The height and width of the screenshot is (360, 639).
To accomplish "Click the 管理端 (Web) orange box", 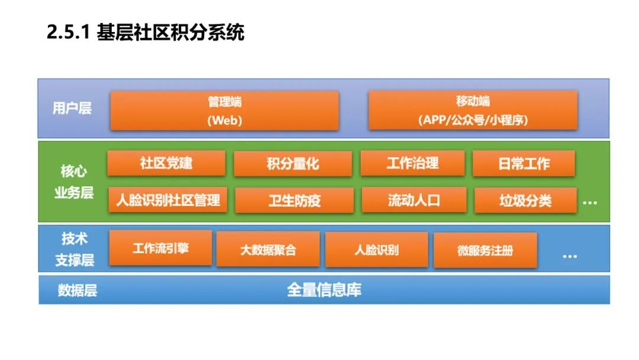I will [224, 110].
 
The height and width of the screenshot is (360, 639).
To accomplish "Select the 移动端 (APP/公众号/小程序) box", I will [472, 110].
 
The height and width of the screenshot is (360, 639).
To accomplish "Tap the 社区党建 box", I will [166, 163].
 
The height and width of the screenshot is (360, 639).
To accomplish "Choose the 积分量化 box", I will [292, 164].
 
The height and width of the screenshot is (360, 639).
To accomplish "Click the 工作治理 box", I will [412, 163].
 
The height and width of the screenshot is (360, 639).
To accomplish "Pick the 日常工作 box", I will [523, 163].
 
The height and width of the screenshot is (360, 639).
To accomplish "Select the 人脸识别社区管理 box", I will [167, 200].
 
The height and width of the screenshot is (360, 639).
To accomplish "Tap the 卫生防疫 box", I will [294, 200].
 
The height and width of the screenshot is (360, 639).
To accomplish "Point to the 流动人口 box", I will [414, 200].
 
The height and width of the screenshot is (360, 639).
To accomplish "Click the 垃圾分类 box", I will [525, 200].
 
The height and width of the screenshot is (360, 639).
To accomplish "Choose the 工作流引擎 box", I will [160, 247].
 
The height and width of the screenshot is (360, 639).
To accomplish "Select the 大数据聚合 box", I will [267, 249].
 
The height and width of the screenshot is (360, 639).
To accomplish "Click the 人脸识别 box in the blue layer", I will [376, 249].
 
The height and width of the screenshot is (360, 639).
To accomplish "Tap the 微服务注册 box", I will [485, 250].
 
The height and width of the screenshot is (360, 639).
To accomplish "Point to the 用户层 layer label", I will [72, 108].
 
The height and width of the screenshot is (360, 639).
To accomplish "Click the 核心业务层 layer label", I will [74, 182].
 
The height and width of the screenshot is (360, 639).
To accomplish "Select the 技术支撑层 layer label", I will [75, 249].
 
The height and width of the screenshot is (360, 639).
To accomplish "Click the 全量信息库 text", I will [324, 290].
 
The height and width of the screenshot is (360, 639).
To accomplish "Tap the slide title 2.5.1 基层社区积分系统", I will [146, 33].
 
